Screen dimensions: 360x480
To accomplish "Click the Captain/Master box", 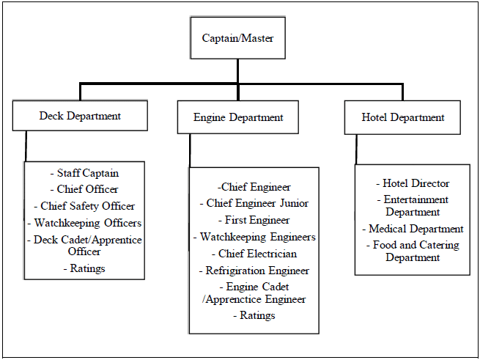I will [237, 37].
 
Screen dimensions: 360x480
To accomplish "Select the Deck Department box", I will [80, 116].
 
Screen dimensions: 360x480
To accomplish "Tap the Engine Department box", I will [238, 117].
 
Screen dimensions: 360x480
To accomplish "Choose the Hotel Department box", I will [402, 117].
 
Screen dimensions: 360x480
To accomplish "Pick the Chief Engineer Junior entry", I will [254, 203].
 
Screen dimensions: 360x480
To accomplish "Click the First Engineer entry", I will [254, 220].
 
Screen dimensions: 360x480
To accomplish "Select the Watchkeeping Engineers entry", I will [254, 237].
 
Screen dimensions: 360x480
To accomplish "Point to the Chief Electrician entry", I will [254, 254].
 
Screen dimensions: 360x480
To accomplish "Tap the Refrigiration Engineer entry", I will [254, 271].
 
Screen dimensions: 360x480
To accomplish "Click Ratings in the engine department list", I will [254, 315].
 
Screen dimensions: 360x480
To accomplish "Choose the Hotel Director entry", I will [413, 183].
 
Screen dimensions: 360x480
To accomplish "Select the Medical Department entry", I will [413, 229].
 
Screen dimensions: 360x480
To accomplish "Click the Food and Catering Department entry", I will [413, 251].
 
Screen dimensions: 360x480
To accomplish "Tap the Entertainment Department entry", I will [413, 205].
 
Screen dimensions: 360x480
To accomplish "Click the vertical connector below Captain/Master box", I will [237, 71].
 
